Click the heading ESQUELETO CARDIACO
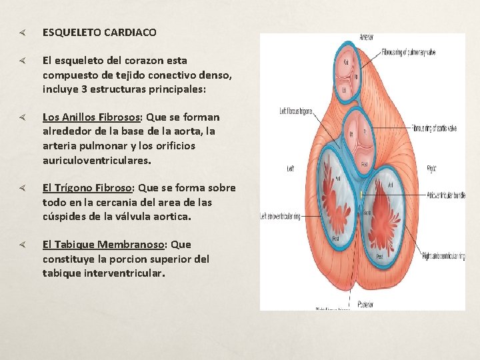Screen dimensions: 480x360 coord(99,32)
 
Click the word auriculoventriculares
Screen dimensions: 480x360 coord(97,161)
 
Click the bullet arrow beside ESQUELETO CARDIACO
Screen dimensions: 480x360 coord(22,32)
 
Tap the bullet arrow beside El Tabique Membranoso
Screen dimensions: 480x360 coord(22,245)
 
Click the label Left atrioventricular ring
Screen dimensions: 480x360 coord(280,216)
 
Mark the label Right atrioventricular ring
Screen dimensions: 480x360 coord(443,255)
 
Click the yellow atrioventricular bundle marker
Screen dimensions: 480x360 coord(360,194)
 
